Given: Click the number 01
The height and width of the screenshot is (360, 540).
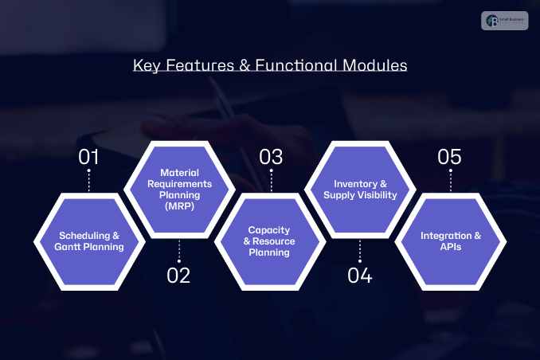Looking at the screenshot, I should point(88,157).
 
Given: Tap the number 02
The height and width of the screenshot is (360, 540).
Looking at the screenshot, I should point(178,276).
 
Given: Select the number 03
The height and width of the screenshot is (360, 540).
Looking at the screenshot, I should point(271,157).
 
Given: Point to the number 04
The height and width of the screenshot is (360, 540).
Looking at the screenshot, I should point(360,276).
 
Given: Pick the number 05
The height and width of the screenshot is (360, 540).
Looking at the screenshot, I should point(450,157).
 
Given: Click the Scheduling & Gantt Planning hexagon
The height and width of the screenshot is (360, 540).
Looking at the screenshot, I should point(90,241).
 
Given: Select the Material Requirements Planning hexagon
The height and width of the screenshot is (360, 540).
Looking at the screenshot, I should point(179,190).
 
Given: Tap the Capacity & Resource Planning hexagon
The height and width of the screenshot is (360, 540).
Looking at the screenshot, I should point(269,241).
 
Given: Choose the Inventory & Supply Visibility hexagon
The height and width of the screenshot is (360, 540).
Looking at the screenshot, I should point(360,190).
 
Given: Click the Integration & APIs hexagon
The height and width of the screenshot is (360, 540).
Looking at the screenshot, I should point(451,241).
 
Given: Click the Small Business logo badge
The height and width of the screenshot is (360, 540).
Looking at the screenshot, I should point(504,21).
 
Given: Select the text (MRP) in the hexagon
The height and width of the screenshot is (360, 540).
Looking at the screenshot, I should point(179,205).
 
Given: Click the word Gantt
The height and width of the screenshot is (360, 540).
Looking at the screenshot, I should point(72,247).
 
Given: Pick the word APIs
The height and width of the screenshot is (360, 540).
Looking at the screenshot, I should point(451,247).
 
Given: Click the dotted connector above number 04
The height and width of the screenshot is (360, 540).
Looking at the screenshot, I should point(360,252).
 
